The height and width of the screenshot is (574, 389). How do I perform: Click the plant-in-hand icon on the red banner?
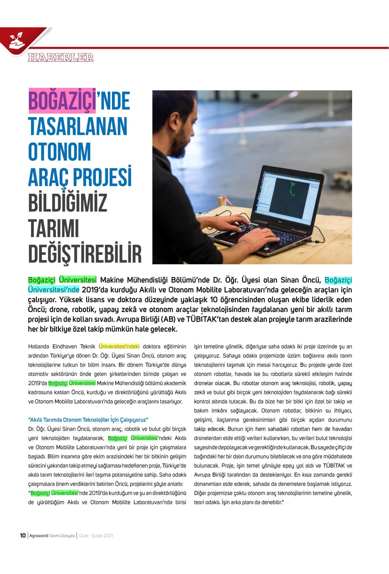pyautogui.click(x=15, y=40)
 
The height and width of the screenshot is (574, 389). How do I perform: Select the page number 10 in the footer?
pyautogui.click(x=23, y=536)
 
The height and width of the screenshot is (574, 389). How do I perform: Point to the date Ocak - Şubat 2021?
pyautogui.click(x=96, y=536)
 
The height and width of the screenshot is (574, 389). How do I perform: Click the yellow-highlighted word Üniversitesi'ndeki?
pyautogui.click(x=119, y=346)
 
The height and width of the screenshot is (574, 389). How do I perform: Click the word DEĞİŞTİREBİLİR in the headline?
pyautogui.click(x=85, y=254)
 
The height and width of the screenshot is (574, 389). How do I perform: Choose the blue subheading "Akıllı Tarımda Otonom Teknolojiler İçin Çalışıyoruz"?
pyautogui.click(x=88, y=420)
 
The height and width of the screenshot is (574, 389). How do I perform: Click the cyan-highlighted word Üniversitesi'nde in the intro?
pyautogui.click(x=54, y=289)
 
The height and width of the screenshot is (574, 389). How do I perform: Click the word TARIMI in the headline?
pyautogui.click(x=53, y=228)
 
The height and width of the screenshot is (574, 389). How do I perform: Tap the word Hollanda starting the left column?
pyautogui.click(x=39, y=346)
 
